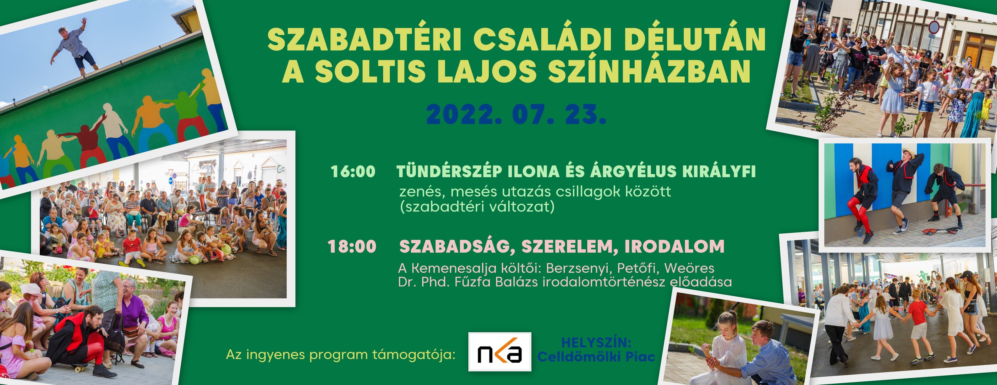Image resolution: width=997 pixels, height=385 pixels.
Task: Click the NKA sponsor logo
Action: click(x=500, y=352)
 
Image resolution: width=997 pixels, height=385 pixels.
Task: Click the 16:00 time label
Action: click(x=353, y=171)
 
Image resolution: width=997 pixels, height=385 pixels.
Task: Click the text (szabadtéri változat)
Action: click(x=477, y=207)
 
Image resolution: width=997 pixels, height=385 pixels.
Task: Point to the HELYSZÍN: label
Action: click(x=596, y=342)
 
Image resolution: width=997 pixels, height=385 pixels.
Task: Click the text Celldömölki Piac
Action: click(x=596, y=356)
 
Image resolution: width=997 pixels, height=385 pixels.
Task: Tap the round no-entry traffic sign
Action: click(x=934, y=27)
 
